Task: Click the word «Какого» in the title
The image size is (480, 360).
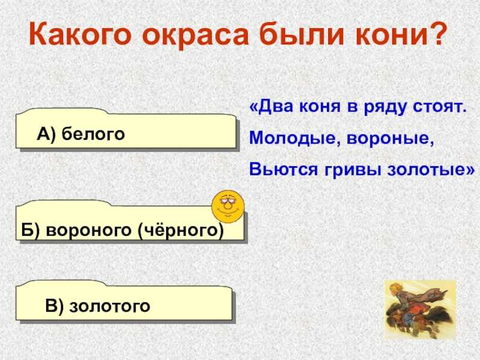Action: click(80, 34)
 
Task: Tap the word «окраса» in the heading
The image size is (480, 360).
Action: click(195, 34)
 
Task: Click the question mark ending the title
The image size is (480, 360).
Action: click(436, 33)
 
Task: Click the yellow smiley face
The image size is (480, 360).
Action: click(228, 206)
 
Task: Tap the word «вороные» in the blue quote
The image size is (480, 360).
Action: click(390, 139)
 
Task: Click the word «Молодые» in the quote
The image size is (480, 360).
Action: click(295, 139)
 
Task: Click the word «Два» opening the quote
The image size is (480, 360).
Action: click(277, 107)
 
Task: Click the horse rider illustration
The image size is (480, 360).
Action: click(419, 310)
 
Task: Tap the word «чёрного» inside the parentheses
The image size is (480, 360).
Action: click(181, 230)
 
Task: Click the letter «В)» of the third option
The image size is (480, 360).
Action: click(54, 305)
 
